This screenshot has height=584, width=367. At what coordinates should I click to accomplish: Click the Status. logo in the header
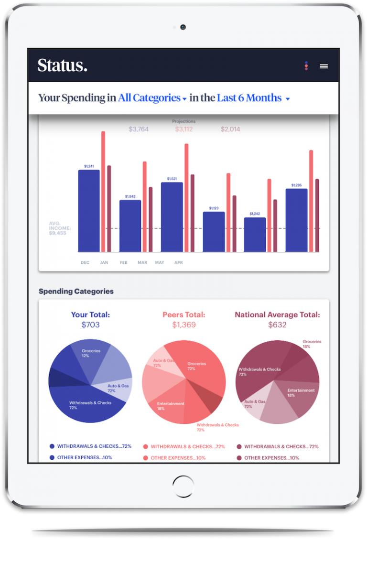pos(63,65)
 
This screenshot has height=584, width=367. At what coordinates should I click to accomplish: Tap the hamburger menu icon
pos(324,66)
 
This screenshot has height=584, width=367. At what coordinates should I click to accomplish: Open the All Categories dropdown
pos(152,98)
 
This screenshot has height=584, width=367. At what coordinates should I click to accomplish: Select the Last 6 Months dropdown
pos(253,98)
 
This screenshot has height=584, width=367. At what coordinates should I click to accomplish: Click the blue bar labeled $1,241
pos(89,210)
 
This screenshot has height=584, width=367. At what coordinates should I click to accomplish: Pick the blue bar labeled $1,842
pos(130,226)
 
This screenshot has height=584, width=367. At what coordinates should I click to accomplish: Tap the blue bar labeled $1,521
pos(172,217)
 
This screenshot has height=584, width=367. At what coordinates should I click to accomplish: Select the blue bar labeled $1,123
pos(214,232)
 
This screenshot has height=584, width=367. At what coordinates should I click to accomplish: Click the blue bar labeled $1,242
pos(255,235)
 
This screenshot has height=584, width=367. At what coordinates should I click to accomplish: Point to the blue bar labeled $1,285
pos(296,220)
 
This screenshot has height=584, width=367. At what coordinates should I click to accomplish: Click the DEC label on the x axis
pos(85,262)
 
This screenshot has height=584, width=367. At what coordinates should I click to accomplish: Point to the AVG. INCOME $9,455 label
pos(59,228)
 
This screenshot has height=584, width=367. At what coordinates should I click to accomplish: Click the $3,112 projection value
pos(184,129)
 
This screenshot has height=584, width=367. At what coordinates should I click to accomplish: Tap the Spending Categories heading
pos(76,291)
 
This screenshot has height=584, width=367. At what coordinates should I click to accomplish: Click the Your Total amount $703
pos(90,325)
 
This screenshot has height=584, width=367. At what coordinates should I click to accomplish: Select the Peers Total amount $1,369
pos(184,325)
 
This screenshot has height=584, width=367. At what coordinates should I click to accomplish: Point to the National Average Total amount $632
pos(277,325)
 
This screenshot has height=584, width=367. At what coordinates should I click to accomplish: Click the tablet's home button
pos(183,487)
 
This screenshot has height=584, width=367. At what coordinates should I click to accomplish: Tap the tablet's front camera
pos(183,27)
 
